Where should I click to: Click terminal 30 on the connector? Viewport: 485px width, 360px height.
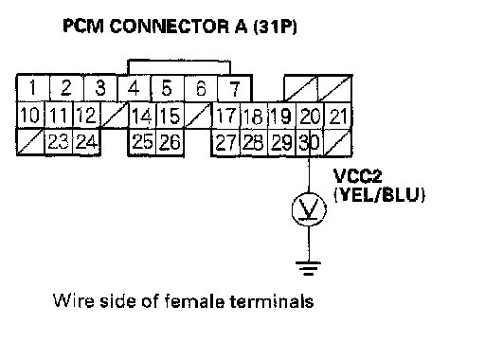tap(310, 142)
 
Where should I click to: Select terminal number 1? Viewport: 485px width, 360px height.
tap(33, 88)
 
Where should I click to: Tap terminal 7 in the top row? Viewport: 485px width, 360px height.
tap(234, 88)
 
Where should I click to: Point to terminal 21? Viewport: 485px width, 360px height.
tap(338, 116)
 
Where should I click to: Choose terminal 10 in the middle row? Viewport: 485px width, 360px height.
tap(30, 116)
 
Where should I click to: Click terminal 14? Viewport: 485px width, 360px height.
tap(142, 116)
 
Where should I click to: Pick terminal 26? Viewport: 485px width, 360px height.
tap(170, 142)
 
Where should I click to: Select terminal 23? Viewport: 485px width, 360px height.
tap(59, 142)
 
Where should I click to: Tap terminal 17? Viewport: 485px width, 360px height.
tap(226, 116)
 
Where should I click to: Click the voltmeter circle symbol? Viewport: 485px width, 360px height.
tap(309, 209)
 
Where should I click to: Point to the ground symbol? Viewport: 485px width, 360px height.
tap(308, 268)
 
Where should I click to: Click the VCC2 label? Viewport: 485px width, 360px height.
tap(357, 176)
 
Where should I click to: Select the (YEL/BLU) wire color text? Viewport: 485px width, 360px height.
tap(379, 194)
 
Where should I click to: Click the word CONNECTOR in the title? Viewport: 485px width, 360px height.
tap(170, 26)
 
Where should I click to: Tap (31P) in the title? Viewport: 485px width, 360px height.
tap(275, 27)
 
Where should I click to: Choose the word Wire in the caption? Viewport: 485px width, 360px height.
tap(73, 300)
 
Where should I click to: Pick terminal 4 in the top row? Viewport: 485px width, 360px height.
tap(134, 88)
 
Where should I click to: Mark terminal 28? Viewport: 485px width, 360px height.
tap(254, 142)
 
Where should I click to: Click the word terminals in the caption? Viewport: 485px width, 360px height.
tap(272, 300)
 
